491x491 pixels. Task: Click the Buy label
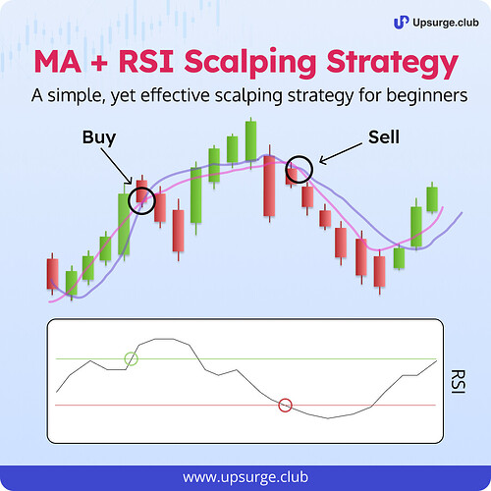coord(99,137)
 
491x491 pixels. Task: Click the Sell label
coord(384,136)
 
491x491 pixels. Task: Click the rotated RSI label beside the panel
coord(458,381)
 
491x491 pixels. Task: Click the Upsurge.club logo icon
coord(401,23)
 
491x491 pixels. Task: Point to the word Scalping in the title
coord(250,63)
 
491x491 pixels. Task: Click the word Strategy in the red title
coord(393,63)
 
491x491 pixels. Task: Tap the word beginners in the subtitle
coord(427,95)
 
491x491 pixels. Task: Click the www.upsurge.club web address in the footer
coord(245,477)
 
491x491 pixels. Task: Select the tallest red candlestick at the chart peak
coord(269,184)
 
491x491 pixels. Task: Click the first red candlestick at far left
coord(52,274)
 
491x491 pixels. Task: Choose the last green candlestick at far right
coord(432,197)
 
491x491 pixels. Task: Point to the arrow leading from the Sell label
coord(341,153)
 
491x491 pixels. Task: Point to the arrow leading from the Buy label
coord(117,167)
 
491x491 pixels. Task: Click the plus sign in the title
coord(99,63)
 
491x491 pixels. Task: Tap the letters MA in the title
coord(58,62)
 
